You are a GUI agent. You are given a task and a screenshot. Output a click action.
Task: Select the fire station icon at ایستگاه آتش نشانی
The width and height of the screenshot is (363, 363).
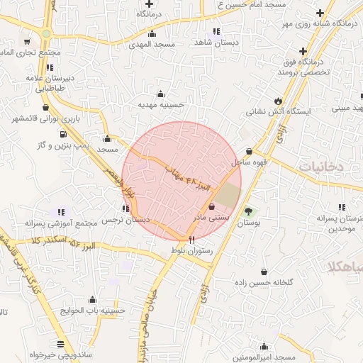point(277,101)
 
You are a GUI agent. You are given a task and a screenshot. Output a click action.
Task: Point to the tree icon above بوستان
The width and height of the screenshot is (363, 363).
point(248,211)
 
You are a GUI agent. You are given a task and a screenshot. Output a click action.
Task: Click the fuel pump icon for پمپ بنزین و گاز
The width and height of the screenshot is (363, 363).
point(63,133)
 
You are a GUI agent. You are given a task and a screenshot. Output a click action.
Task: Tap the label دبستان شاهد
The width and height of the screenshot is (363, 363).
point(214,42)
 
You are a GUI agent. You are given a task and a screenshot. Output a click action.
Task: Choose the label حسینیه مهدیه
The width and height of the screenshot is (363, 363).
point(160,105)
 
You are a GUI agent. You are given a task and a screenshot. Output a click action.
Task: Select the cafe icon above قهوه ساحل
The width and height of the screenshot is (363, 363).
point(249,151)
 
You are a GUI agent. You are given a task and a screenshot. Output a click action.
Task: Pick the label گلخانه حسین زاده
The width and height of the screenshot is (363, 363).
point(264,282)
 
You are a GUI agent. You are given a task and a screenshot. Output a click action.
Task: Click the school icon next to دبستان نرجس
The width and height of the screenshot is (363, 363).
point(125,208)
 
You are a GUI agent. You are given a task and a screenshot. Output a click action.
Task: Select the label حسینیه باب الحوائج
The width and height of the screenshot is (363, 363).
point(93,311)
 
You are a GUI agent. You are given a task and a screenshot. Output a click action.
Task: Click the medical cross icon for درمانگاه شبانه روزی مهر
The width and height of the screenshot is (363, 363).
point(321,13)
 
